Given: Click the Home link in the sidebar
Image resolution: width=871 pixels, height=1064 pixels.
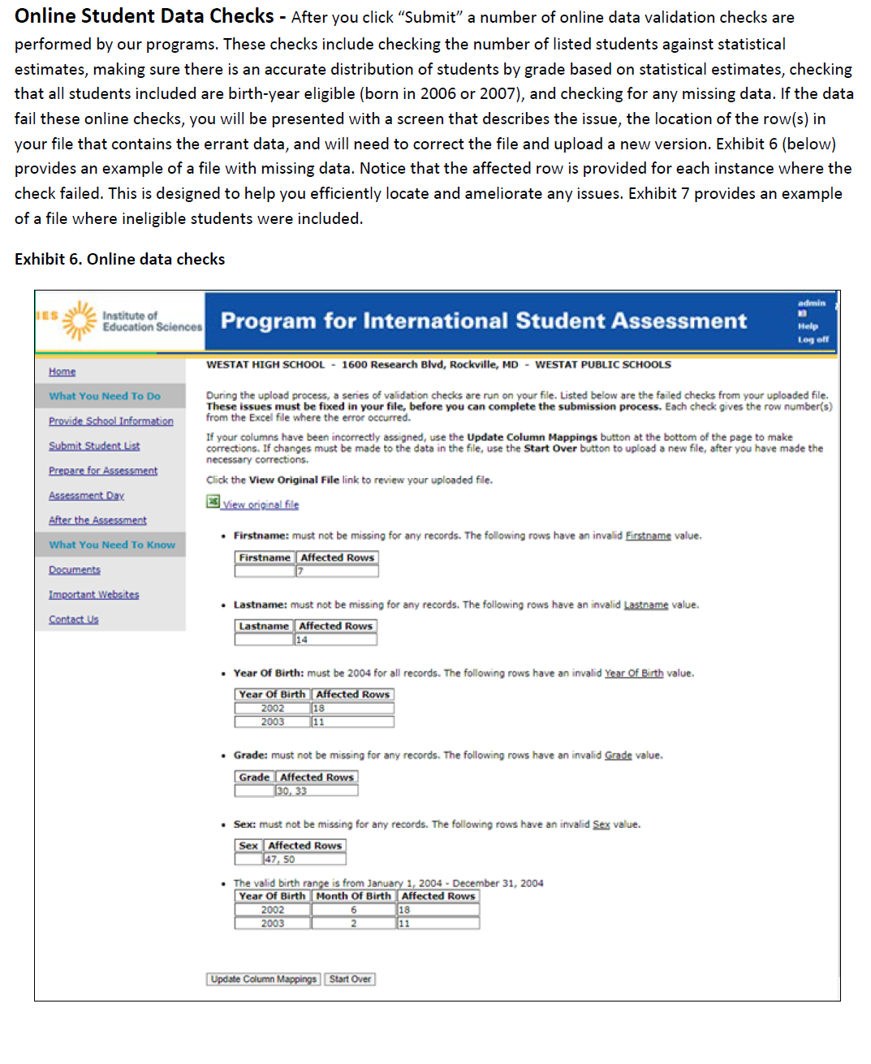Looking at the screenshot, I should tap(62, 372).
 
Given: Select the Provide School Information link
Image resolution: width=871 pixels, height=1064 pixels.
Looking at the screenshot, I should tap(110, 421).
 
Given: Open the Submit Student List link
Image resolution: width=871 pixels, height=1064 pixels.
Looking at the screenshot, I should tap(94, 446).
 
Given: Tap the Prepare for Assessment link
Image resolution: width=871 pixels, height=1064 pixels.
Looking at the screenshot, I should tap(103, 471).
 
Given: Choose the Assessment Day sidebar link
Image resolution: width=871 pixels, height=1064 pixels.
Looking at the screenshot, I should tap(86, 496).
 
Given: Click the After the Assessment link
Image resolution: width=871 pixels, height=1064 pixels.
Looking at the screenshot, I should tap(97, 520).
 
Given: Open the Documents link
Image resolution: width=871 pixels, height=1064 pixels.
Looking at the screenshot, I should tap(75, 571).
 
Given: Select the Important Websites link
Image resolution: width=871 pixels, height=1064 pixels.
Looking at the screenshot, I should tap(93, 595).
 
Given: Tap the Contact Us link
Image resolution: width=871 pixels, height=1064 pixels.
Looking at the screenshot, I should tap(73, 619).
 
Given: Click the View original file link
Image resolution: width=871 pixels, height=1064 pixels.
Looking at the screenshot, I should tap(260, 505).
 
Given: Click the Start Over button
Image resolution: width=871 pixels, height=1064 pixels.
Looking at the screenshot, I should tap(350, 979).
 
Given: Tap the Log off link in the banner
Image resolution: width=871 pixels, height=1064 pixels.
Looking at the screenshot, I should tap(813, 339).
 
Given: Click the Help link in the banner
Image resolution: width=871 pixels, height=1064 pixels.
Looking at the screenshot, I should tap(808, 326).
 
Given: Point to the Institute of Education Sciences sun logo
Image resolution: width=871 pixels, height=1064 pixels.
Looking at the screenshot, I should tap(79, 321).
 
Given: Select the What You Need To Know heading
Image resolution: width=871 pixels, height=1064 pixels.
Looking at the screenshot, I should tap(111, 545).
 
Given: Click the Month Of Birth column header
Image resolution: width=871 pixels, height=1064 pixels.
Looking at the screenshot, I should tap(353, 896).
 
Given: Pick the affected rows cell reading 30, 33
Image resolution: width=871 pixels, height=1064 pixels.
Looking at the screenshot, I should tap(316, 790).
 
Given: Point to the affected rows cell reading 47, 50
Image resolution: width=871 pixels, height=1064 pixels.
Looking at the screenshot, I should tap(304, 859).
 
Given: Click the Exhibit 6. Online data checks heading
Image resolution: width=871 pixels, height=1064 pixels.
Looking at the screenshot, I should tap(119, 260).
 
